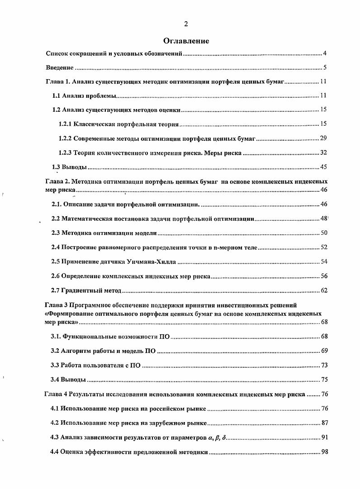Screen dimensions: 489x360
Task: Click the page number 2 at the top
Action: pos(186,24)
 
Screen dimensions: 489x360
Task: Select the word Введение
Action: pos(60,68)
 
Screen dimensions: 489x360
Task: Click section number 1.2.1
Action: pos(65,124)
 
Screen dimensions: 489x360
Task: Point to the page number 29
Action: pos(323,138)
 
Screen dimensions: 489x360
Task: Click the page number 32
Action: pos(323,153)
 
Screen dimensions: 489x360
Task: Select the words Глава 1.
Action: pos(57,82)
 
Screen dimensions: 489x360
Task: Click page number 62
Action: pos(323,290)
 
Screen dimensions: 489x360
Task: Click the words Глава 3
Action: pos(56,305)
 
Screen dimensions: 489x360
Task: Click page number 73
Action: pos(324,365)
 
